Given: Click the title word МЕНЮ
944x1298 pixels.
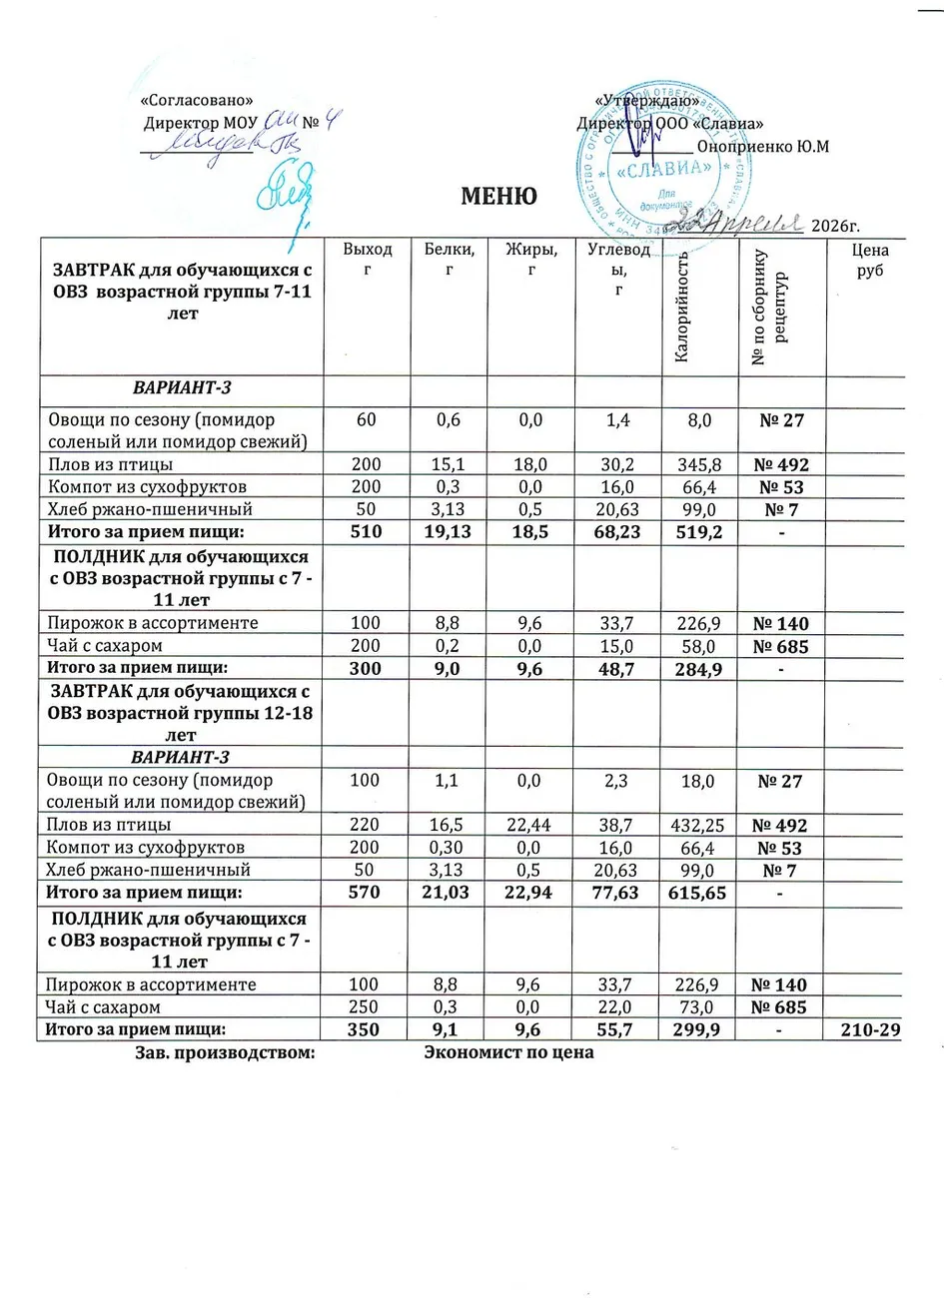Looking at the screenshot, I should [498, 197].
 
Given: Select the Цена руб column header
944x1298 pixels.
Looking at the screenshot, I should [870, 261].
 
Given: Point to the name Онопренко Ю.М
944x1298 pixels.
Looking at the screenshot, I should [763, 146].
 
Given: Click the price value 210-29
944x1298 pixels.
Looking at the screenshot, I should [868, 1028].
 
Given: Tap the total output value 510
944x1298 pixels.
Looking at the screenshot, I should [367, 533].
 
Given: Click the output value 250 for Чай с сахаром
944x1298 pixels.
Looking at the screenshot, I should [367, 1007].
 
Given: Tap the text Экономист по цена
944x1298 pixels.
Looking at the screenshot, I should [508, 1051].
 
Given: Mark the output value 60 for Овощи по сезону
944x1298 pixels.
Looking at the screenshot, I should [367, 420].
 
